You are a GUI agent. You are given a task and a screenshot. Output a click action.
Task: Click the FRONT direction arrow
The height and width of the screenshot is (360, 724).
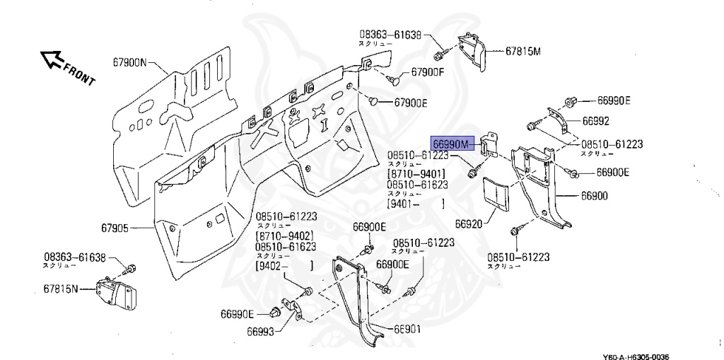click(51, 60)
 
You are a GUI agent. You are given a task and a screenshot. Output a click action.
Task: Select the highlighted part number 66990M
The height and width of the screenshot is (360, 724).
click(451, 144)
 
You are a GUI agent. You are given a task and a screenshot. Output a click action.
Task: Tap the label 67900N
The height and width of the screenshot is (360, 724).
click(129, 62)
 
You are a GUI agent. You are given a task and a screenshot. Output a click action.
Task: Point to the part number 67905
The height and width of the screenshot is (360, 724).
click(115, 228)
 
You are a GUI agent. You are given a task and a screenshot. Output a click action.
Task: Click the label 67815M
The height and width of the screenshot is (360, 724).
click(522, 51)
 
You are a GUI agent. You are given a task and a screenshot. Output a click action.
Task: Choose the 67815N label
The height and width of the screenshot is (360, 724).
click(60, 289)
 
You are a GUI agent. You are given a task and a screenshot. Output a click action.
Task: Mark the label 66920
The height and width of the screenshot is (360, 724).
click(468, 223)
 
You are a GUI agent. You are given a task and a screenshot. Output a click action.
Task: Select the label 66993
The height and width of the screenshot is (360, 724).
click(261, 330)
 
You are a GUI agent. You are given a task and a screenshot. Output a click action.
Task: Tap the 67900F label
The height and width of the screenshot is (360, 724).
click(428, 73)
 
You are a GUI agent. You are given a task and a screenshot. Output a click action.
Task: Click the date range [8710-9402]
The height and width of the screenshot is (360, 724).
click(284, 236)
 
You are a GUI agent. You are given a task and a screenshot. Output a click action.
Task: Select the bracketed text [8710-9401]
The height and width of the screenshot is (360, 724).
click(416, 174)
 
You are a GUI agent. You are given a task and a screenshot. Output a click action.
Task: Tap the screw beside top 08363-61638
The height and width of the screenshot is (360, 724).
click(439, 53)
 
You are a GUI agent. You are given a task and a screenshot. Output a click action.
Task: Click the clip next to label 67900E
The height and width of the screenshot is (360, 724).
click(373, 100)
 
